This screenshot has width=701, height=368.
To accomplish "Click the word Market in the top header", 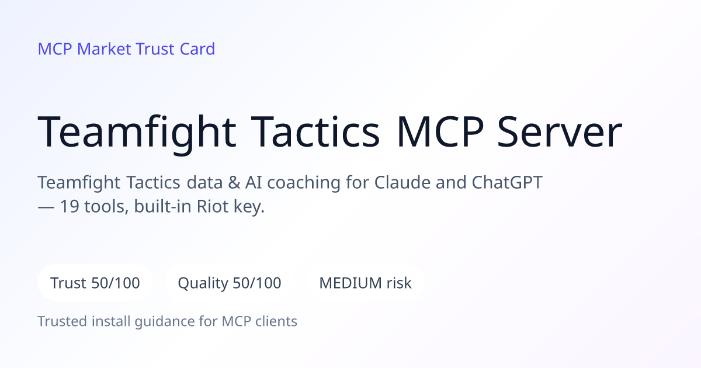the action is point(104,49).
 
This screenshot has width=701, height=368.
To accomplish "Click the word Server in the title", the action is point(560,131).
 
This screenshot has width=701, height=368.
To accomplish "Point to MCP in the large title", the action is point(440,131).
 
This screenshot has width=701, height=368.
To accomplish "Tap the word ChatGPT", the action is point(507,182).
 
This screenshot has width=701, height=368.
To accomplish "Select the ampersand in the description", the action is point(234,182).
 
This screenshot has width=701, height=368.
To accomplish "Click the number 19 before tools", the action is point(70,207).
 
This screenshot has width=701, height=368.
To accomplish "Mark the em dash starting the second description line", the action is point(46,207).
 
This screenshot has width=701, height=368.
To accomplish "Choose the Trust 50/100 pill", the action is point(95,283).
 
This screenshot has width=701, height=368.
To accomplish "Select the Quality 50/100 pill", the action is point(230,283).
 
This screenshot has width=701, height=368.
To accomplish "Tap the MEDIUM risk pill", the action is point(365,283).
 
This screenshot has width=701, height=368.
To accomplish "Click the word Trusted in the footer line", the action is point(63,321).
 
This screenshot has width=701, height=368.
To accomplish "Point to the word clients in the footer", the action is point(276,321).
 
